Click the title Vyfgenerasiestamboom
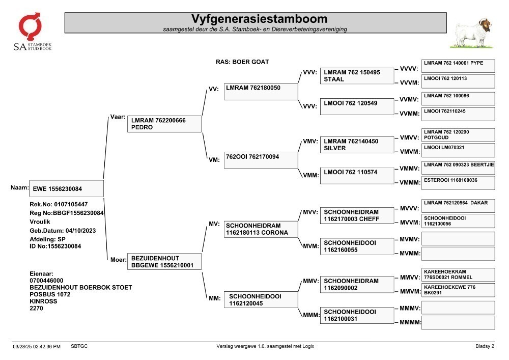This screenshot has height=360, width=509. click(259, 19)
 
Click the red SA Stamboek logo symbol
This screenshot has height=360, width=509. click(30, 26)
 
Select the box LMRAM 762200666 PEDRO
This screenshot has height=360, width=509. click(164, 124)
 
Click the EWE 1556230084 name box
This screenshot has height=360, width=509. click(67, 188)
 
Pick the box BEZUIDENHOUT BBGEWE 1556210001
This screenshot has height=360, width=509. click(164, 261)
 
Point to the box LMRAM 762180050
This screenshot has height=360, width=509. click(261, 92)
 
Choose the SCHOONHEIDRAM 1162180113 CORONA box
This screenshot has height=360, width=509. click(261, 229)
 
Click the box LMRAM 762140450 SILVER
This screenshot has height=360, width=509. click(357, 145)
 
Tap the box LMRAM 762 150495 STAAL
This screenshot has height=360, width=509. click(357, 76)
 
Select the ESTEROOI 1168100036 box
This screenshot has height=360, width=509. click(459, 183)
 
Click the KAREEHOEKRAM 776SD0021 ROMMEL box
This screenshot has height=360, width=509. click(459, 274)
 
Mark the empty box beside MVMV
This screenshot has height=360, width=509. click(459, 239)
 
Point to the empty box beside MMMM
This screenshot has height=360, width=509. click(459, 323)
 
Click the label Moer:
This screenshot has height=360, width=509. click(119, 260)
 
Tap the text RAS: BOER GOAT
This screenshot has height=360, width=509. click(242, 62)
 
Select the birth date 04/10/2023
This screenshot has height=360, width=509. click(80, 231)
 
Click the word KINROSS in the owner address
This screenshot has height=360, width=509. click(43, 301)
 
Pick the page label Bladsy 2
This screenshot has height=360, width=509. click(485, 346)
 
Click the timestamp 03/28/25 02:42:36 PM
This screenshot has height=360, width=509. click(37, 346)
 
